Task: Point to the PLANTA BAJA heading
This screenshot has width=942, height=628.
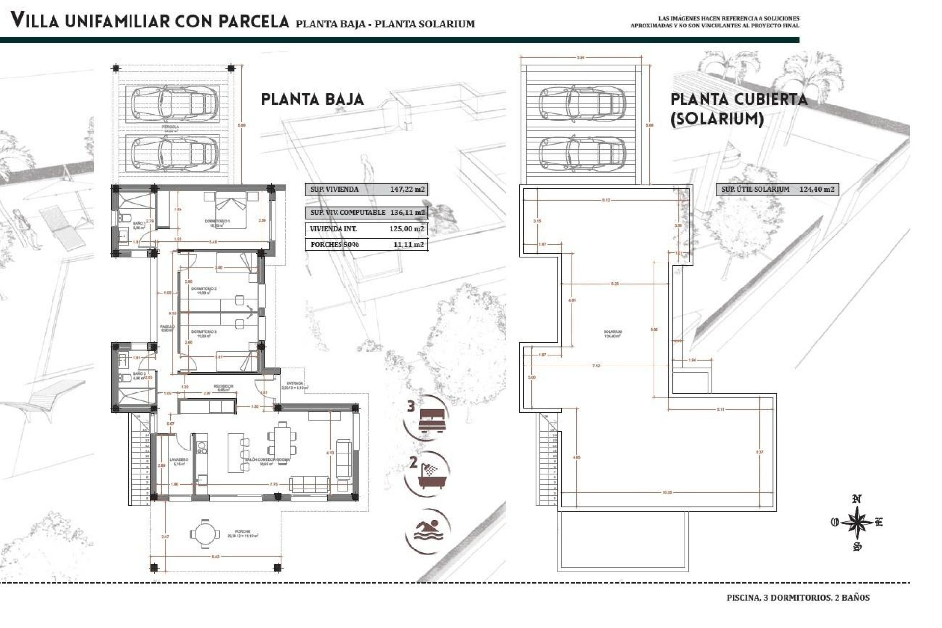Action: pos(312,99)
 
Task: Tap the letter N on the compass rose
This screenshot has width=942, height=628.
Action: pos(857,499)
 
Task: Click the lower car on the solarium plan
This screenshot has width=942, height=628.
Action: pos(582,153)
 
